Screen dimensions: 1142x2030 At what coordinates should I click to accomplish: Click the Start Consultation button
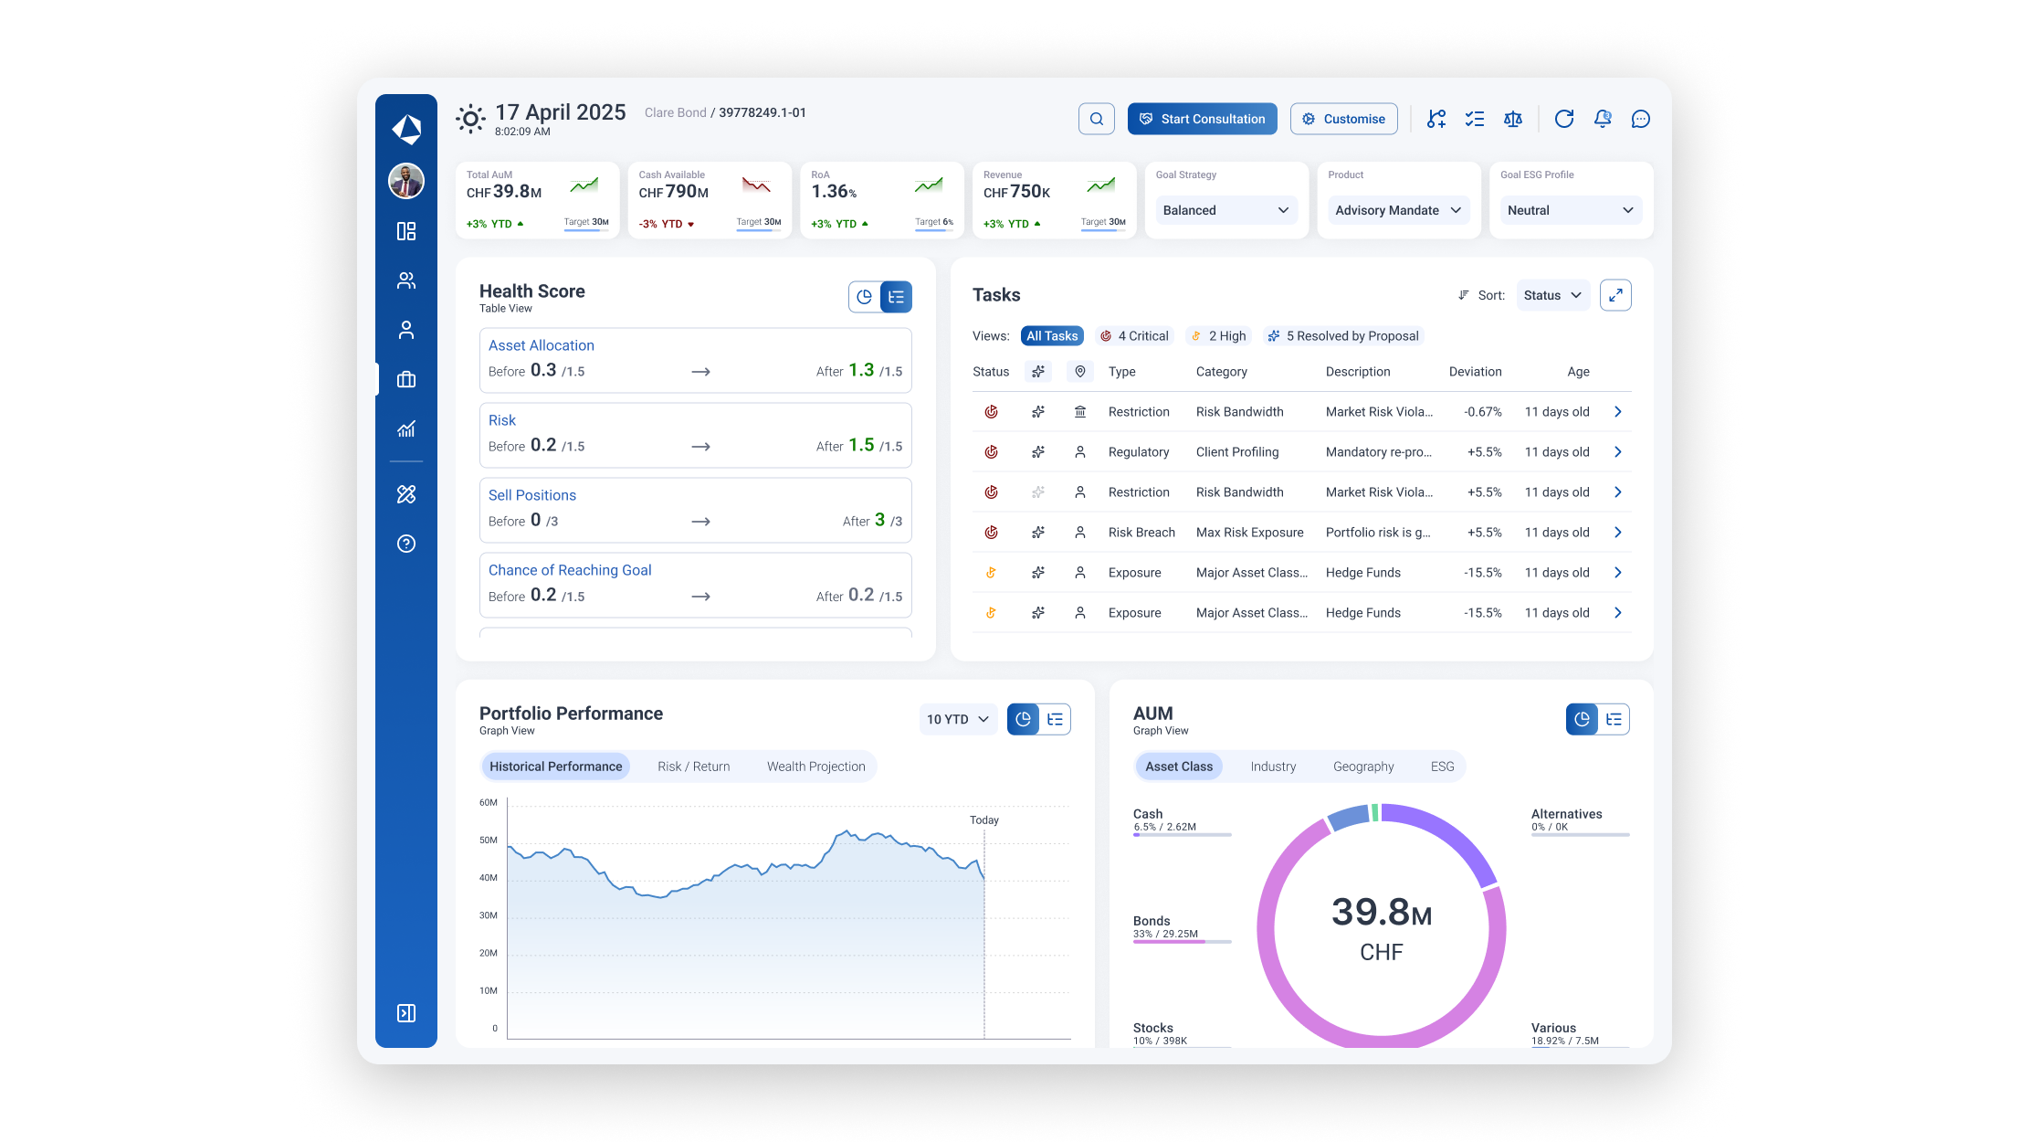1202,119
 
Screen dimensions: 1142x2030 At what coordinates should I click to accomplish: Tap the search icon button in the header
1096,119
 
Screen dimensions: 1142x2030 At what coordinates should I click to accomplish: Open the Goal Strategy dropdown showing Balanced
1225,210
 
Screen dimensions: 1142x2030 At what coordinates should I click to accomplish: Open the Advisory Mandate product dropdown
1397,210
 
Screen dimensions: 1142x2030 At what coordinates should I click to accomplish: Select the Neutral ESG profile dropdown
1570,210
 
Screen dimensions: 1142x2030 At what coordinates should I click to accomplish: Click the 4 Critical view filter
1133,336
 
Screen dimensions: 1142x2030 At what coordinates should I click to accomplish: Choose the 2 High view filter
1218,336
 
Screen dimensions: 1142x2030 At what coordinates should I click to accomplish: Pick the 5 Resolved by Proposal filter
1343,336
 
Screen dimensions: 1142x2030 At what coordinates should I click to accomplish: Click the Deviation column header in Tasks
1475,372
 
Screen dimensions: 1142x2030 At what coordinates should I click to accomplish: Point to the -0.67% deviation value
1482,412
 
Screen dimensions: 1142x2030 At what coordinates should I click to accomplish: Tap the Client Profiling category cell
1237,452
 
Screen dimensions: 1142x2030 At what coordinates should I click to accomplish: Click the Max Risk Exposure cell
1249,533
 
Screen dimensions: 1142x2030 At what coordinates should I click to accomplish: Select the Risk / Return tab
693,767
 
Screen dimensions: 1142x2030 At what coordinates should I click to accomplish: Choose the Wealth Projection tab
815,767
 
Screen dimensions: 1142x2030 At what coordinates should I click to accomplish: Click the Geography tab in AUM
1362,767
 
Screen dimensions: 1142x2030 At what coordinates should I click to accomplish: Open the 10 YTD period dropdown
957,720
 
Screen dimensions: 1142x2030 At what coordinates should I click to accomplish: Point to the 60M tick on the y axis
489,803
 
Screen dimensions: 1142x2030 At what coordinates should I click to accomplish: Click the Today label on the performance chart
983,820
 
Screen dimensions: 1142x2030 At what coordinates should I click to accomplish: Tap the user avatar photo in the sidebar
406,181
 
